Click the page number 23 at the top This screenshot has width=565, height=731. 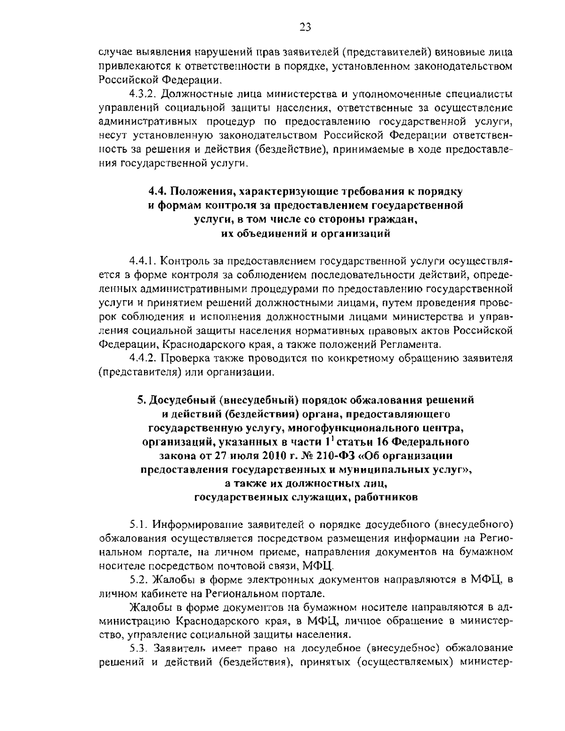[x=305, y=27]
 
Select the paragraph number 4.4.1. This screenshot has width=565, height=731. [x=144, y=261]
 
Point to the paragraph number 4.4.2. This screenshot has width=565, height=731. [x=144, y=358]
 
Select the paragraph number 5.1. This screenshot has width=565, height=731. [x=138, y=524]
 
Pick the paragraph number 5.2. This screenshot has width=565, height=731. [x=138, y=579]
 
